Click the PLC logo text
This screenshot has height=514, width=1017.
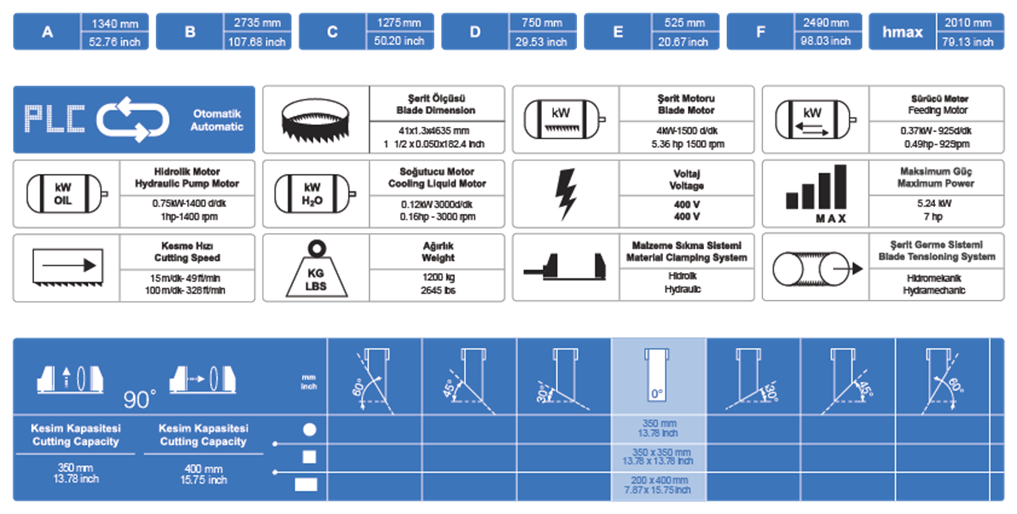click(55, 119)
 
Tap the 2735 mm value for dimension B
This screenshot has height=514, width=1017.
click(257, 23)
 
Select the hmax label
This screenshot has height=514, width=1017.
click(902, 32)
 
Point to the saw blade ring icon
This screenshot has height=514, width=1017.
click(315, 120)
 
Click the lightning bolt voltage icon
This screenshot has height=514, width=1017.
click(566, 194)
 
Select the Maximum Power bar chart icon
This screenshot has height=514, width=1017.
click(816, 193)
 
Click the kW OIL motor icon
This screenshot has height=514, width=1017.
click(67, 194)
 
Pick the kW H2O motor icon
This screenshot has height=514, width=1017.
click(315, 194)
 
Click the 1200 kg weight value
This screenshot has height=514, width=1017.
click(438, 277)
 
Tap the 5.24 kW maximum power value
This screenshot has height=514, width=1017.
click(934, 203)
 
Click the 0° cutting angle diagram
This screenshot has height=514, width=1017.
click(657, 375)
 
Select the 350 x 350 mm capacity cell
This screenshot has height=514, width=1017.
click(658, 457)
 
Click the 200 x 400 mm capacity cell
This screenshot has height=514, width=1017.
click(658, 485)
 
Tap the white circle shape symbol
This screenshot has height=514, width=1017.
click(310, 429)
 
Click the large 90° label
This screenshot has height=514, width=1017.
click(139, 399)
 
